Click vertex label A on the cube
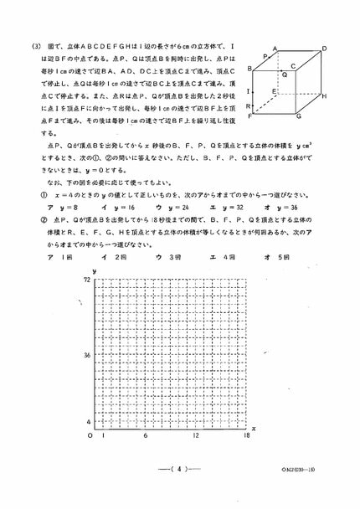click(x=275, y=49)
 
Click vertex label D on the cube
click(x=324, y=49)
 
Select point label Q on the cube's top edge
click(x=285, y=75)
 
